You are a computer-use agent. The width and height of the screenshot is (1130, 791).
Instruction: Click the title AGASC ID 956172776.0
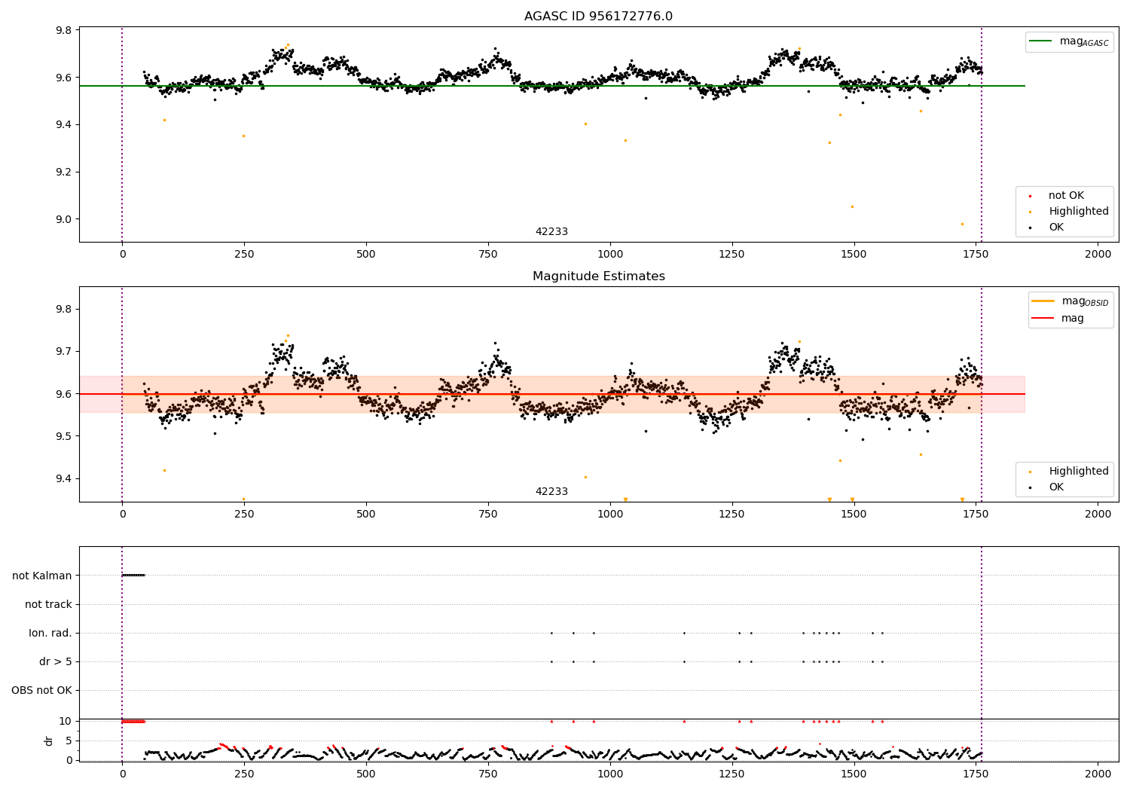click(x=598, y=17)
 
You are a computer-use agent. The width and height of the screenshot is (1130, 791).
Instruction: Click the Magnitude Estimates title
click(x=598, y=276)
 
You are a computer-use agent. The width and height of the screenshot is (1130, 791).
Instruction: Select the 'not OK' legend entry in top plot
click(x=1065, y=196)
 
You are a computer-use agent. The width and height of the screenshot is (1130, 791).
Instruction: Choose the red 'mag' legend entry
click(x=1072, y=318)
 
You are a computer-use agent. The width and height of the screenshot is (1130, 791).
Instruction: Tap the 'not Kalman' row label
click(x=42, y=576)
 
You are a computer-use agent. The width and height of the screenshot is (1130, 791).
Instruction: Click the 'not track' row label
click(x=48, y=604)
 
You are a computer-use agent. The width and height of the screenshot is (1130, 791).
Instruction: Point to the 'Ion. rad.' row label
click(x=50, y=633)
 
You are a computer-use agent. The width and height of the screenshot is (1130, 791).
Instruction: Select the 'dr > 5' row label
click(x=55, y=661)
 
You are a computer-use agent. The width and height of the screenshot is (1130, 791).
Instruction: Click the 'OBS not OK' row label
click(x=41, y=690)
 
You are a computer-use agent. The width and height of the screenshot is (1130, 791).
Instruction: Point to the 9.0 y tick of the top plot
click(x=63, y=219)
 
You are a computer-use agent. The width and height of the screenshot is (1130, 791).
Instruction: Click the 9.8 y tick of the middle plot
click(x=63, y=309)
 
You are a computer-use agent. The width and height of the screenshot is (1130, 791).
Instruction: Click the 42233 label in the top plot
click(x=551, y=232)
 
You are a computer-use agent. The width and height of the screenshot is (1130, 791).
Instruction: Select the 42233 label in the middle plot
click(x=551, y=492)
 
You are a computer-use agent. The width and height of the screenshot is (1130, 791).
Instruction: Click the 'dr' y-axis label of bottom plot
click(x=49, y=741)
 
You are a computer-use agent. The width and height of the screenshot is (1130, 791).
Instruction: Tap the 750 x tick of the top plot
click(x=487, y=255)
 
